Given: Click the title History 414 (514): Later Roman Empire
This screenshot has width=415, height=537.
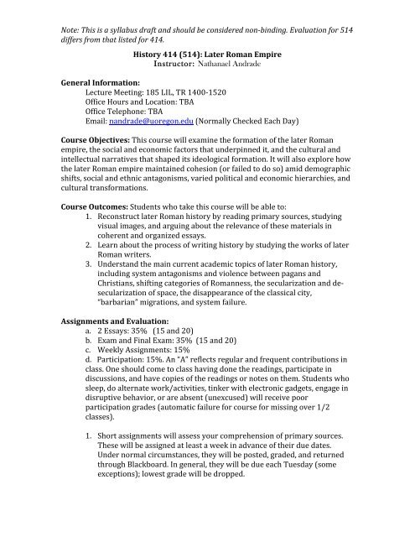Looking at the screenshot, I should (207, 51).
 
